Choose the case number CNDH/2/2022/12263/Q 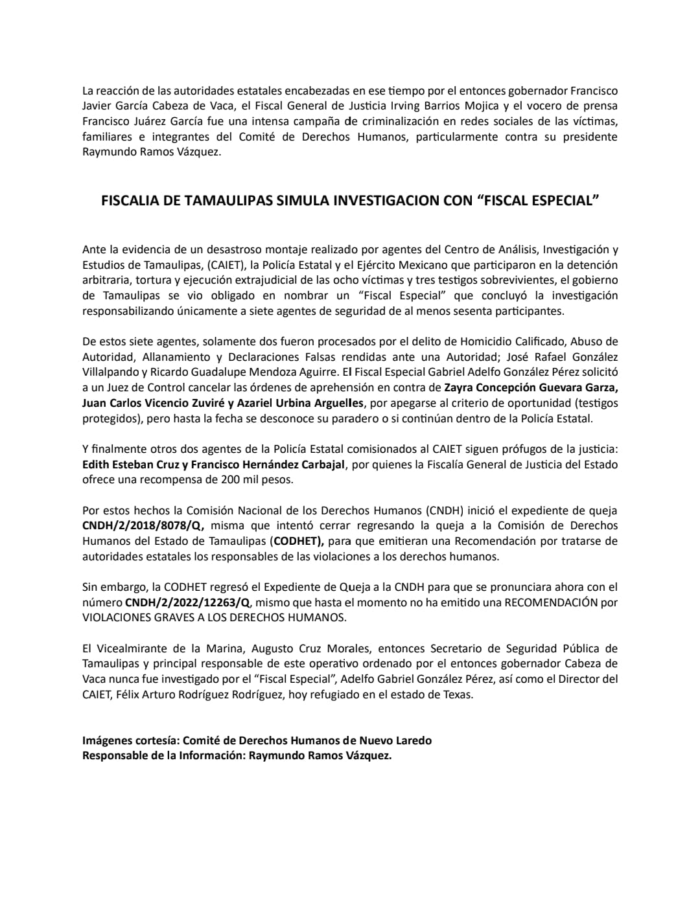point(187,602)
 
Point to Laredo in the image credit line point(412,740)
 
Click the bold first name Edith point(97,464)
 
